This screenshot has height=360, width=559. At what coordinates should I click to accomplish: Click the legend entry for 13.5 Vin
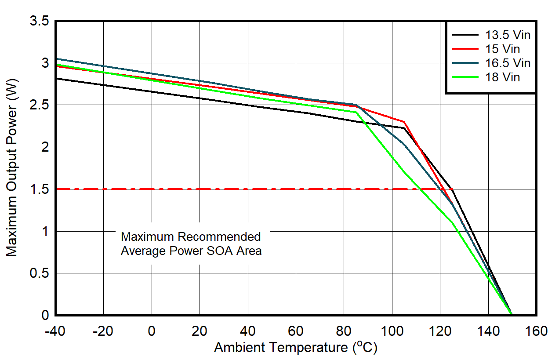pyautogui.click(x=508, y=35)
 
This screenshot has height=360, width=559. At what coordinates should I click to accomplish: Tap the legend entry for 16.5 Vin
pyautogui.click(x=508, y=63)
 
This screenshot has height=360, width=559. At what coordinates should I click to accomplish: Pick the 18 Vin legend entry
pyautogui.click(x=502, y=77)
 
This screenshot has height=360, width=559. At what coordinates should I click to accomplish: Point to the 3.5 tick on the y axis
pyautogui.click(x=40, y=21)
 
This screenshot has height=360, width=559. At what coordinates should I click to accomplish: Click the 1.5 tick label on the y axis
pyautogui.click(x=40, y=189)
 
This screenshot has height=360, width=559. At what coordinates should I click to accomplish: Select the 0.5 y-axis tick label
pyautogui.click(x=40, y=273)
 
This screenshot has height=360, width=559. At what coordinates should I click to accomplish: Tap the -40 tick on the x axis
pyautogui.click(x=55, y=331)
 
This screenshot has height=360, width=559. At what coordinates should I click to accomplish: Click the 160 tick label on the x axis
pyautogui.click(x=536, y=331)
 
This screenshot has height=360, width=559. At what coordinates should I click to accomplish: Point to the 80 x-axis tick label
pyautogui.click(x=344, y=331)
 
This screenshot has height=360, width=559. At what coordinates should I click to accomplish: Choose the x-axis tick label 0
pyautogui.click(x=152, y=331)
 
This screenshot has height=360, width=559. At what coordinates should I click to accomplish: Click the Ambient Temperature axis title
pyautogui.click(x=295, y=348)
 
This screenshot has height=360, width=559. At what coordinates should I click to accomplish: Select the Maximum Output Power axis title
pyautogui.click(x=12, y=168)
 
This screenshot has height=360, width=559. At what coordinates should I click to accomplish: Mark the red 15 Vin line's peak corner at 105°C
pyautogui.click(x=403, y=122)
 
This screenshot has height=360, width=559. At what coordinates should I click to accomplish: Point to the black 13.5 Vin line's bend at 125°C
pyautogui.click(x=452, y=189)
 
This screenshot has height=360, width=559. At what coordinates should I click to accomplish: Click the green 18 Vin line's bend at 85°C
pyautogui.click(x=356, y=112)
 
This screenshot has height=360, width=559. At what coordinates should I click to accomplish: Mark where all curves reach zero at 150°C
pyautogui.click(x=512, y=315)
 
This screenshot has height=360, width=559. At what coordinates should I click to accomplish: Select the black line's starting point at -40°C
pyautogui.click(x=56, y=78)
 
